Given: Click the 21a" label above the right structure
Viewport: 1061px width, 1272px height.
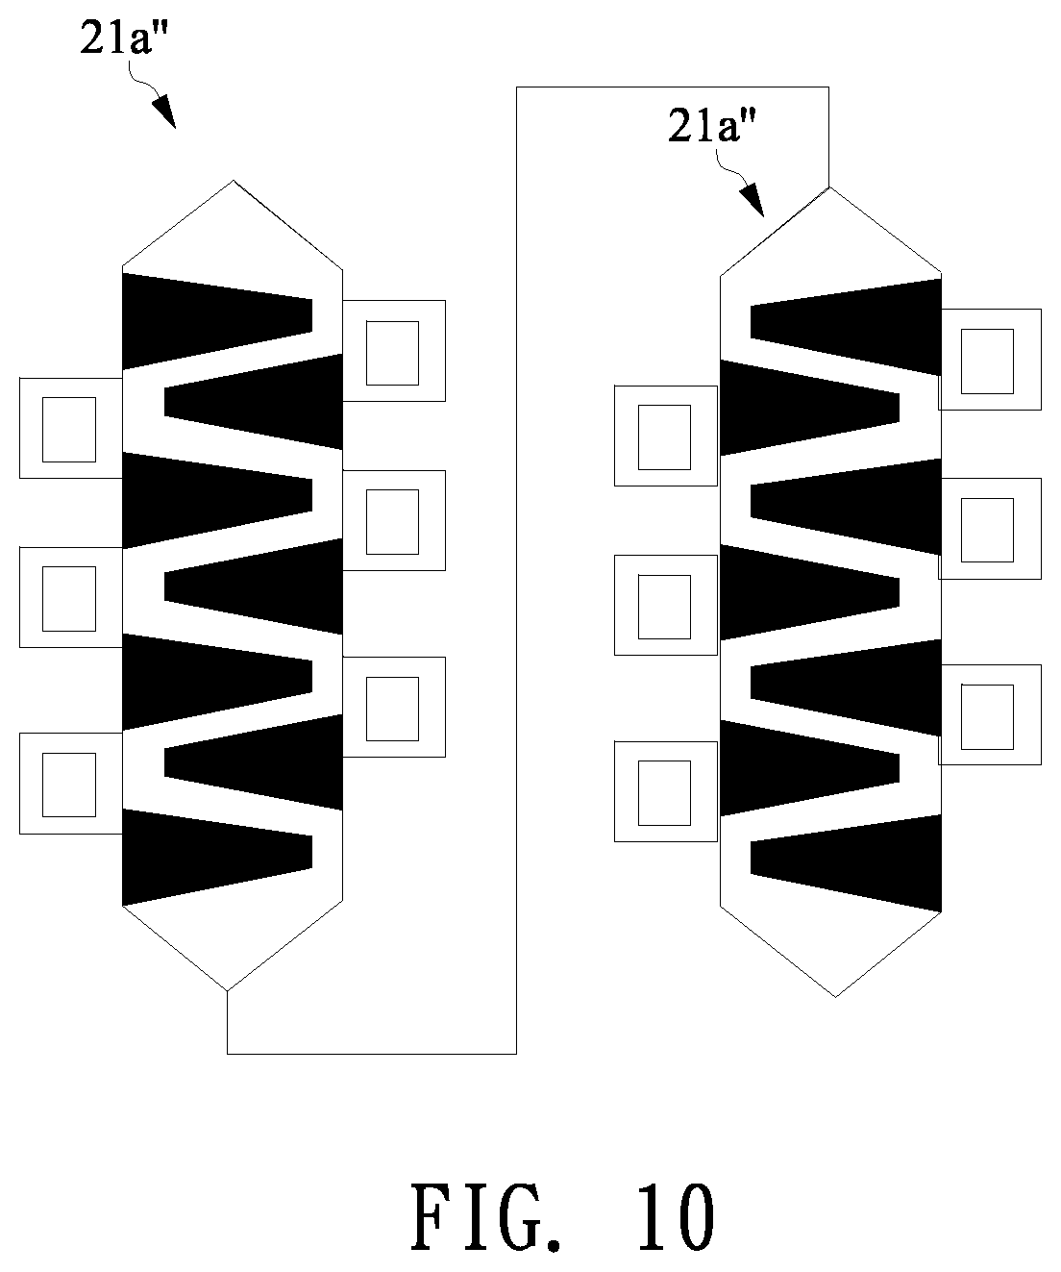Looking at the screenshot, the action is point(712,126).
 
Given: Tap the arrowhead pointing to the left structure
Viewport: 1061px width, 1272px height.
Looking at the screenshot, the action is point(163,111).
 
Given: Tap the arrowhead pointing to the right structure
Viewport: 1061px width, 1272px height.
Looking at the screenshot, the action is point(753,199).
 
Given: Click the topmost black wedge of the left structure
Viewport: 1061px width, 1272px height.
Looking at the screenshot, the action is point(217,321).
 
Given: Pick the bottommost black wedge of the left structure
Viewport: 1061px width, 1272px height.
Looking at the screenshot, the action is point(217,858).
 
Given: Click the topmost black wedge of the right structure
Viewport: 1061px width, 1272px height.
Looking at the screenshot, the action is point(846,327).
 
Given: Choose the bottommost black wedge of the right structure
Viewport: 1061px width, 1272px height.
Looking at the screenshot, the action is point(846,863).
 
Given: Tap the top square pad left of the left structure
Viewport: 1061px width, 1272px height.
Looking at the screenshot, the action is point(71,428).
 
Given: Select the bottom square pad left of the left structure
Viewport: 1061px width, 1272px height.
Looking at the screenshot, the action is point(71,784).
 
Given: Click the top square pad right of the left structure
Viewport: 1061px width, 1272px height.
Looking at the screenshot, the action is point(394,351).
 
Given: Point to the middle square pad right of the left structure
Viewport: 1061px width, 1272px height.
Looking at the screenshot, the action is point(394,520).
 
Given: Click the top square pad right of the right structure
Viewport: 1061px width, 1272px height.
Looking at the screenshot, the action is point(990,360).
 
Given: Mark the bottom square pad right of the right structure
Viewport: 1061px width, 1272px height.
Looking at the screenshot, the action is point(990,714).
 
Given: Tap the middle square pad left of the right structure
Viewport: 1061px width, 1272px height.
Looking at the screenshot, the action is point(666,606).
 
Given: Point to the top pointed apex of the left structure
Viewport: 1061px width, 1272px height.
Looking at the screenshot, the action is point(234,181).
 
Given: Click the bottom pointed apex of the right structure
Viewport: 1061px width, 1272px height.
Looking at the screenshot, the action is point(835,997).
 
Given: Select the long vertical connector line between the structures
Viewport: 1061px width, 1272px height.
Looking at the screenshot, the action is point(516,570).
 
